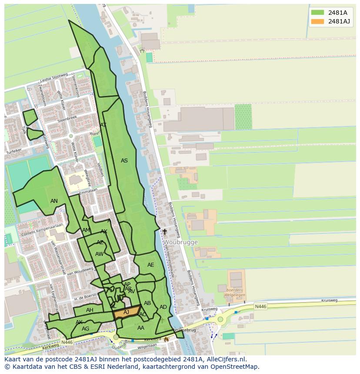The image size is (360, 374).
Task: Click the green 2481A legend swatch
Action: [317, 13]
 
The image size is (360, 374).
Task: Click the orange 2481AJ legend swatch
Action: [317, 21]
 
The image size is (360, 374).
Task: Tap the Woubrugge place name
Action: [181, 242]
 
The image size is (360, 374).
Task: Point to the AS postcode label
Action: [124, 161]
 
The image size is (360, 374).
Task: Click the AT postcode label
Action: [103, 125]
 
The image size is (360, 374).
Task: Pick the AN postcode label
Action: [54, 201]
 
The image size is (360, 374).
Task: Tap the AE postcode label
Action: [150, 265]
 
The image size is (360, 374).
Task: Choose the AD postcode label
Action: [163, 307]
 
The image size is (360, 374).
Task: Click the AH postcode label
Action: [90, 310]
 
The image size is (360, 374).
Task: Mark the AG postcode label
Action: [85, 329]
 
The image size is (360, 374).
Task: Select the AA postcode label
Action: [140, 328]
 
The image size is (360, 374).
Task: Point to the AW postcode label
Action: [99, 254]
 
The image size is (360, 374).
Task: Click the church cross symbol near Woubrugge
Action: [165, 232]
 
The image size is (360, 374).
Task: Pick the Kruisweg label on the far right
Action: [329, 300]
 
